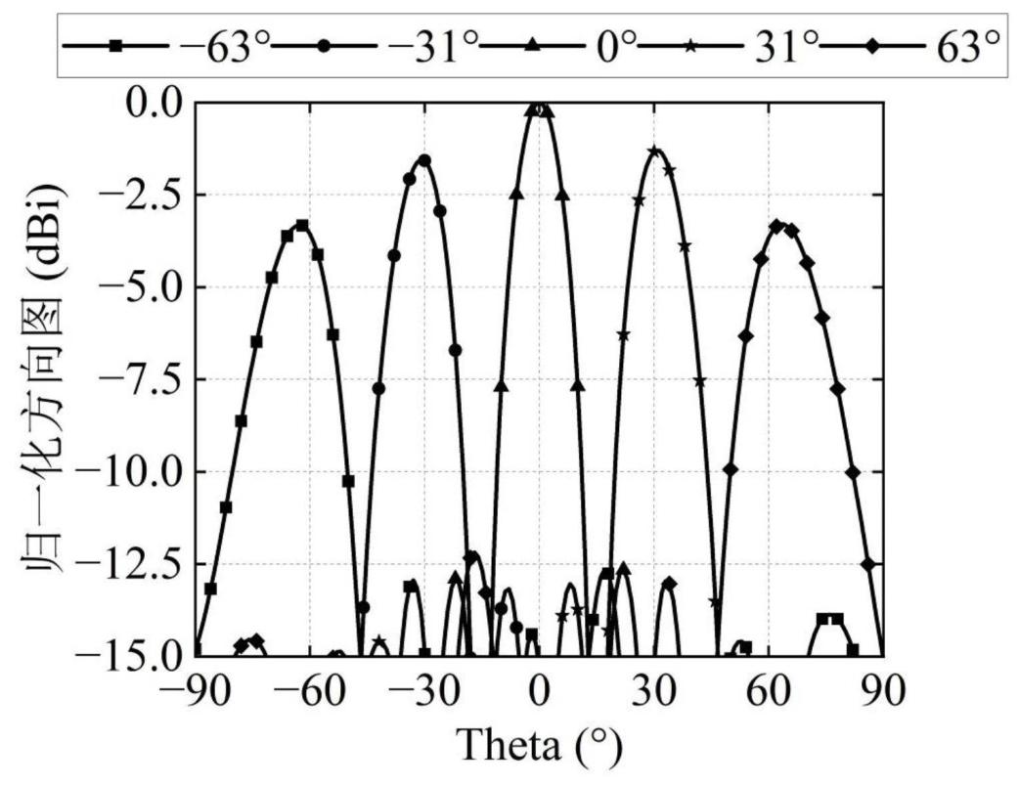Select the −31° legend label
[x=432, y=47]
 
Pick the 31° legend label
[x=785, y=47]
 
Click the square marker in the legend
[x=115, y=46]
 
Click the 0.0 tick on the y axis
[x=155, y=103]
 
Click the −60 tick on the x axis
[x=309, y=692]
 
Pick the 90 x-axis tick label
[x=882, y=692]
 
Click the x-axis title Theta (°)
[x=540, y=746]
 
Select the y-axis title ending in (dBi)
[x=46, y=378]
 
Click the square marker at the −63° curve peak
[x=302, y=226]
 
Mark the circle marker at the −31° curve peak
[x=424, y=159]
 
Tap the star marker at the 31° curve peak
[x=654, y=151]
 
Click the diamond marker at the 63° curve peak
[x=775, y=226]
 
